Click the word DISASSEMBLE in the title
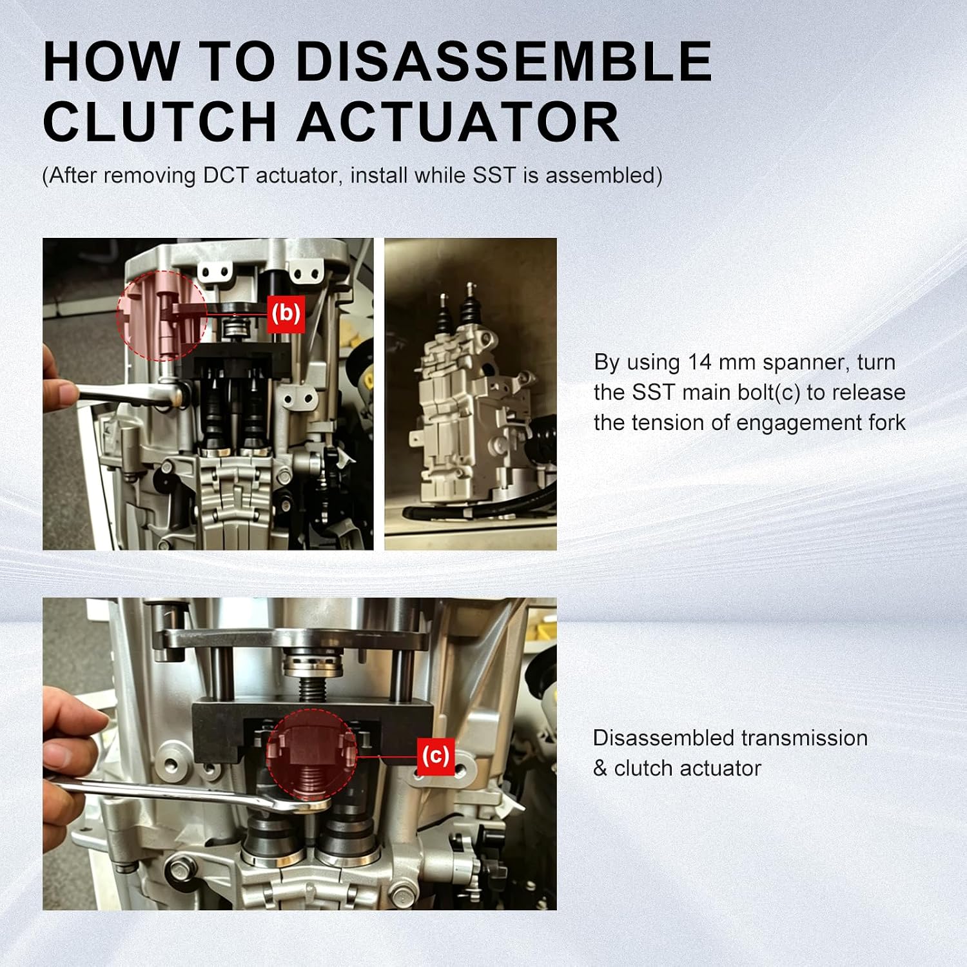click(503, 61)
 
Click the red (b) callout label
click(286, 314)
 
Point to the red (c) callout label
click(435, 756)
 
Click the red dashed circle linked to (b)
click(162, 316)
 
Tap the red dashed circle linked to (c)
click(311, 754)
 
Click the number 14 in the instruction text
click(699, 362)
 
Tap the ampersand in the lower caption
click(600, 768)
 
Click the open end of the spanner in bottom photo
click(307, 805)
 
